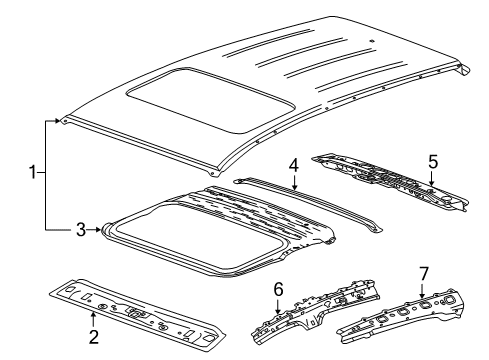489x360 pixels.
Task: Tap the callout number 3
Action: click(x=83, y=229)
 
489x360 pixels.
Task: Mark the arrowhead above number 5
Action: click(x=433, y=184)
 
